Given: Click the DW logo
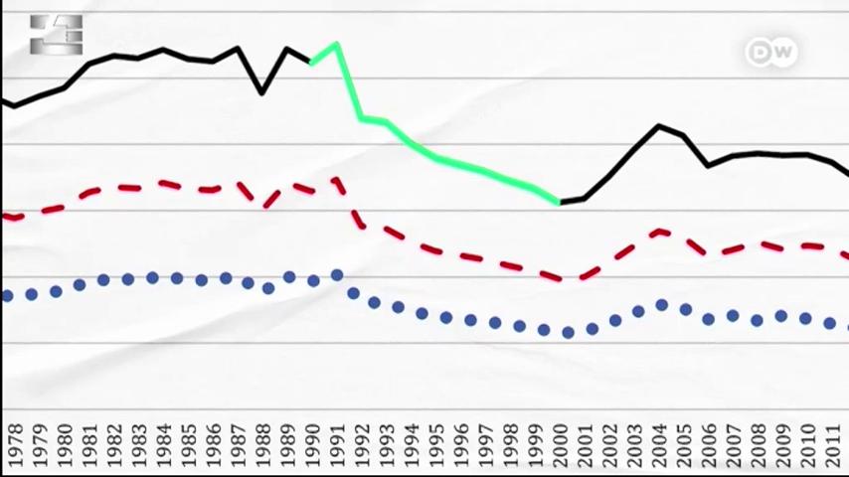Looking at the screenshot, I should click(x=771, y=53).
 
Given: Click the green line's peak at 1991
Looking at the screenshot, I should click(x=337, y=44).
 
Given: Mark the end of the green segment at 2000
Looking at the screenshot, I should click(x=559, y=202).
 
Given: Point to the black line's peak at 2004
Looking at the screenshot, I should click(x=659, y=126).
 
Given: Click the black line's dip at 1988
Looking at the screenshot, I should click(x=262, y=92).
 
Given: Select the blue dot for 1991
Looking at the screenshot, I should click(x=337, y=275).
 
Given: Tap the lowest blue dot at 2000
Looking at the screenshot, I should click(x=568, y=333).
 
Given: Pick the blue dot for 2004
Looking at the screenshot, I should click(x=662, y=305).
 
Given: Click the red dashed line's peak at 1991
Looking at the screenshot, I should click(x=337, y=182).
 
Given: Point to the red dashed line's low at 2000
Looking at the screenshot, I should click(x=560, y=278).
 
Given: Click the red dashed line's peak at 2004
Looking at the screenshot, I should click(x=659, y=232).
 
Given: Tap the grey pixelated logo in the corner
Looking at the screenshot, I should click(x=56, y=35).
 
